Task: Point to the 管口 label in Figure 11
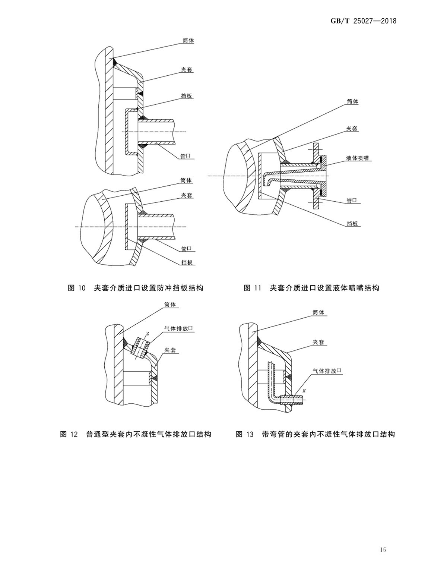pyautogui.click(x=352, y=201)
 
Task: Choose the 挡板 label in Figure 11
pyautogui.click(x=352, y=224)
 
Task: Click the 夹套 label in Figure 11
pyautogui.click(x=352, y=128)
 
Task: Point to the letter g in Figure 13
pyautogui.click(x=304, y=390)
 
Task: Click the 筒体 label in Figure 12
pyautogui.click(x=170, y=304)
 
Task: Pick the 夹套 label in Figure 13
pyautogui.click(x=318, y=342)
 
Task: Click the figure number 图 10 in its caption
pyautogui.click(x=77, y=288)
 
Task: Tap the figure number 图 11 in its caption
pyautogui.click(x=253, y=288)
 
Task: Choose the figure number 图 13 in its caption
pyautogui.click(x=244, y=434)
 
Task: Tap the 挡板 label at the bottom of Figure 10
pyautogui.click(x=187, y=262)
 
